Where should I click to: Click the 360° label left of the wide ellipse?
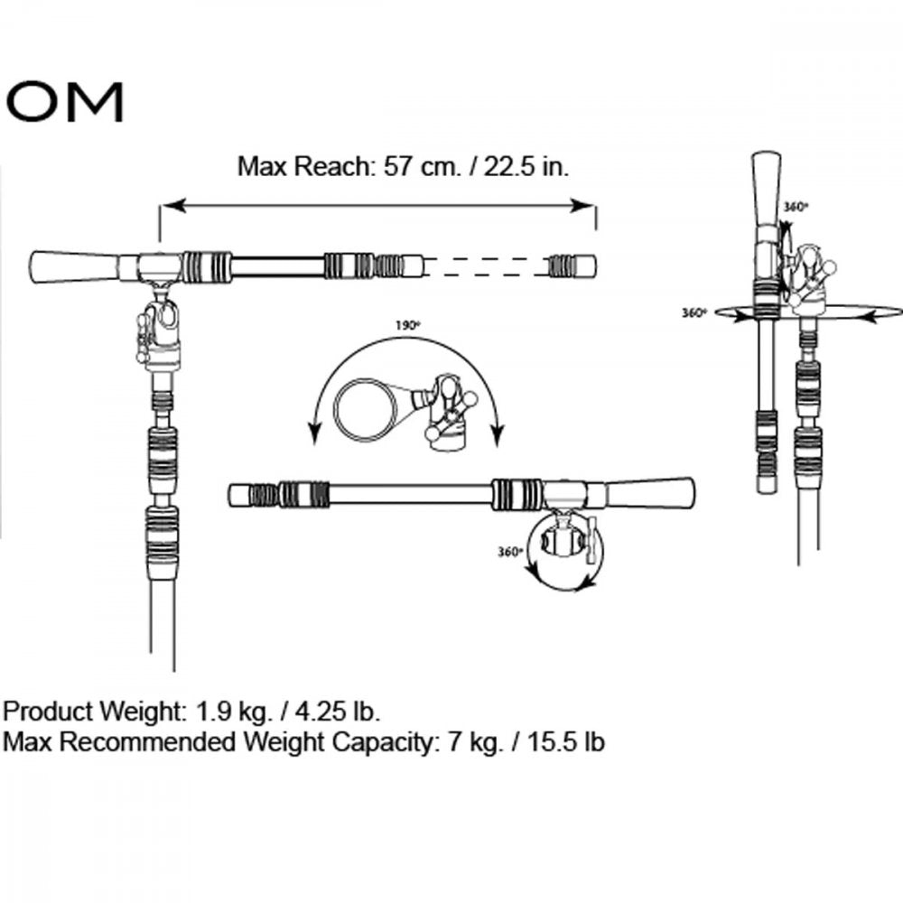[x=694, y=312]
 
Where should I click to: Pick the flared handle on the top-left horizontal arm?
[x=74, y=266]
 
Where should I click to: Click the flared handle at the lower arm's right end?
[x=650, y=494]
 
